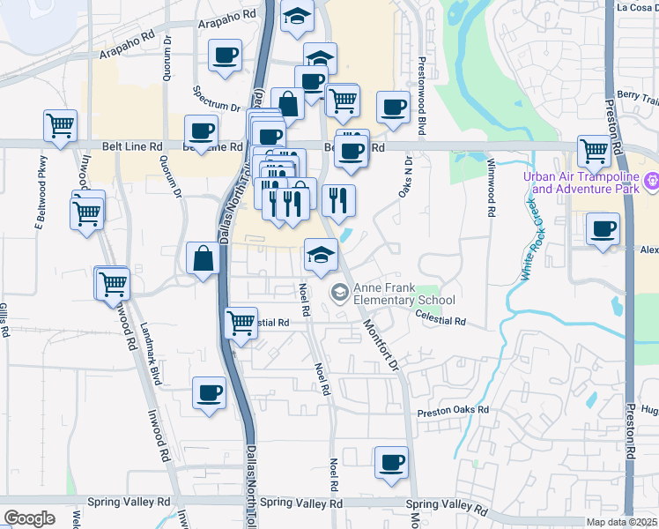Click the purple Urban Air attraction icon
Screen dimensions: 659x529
[652, 182]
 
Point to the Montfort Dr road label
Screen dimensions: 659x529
[381, 344]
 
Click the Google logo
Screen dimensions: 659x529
[29, 518]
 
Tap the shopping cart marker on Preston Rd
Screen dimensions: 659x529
[595, 151]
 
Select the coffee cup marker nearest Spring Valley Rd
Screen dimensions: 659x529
[391, 461]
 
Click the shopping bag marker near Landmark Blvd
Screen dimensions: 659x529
[203, 259]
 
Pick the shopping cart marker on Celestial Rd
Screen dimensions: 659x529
[241, 322]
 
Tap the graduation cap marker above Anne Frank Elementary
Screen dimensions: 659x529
[320, 256]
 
